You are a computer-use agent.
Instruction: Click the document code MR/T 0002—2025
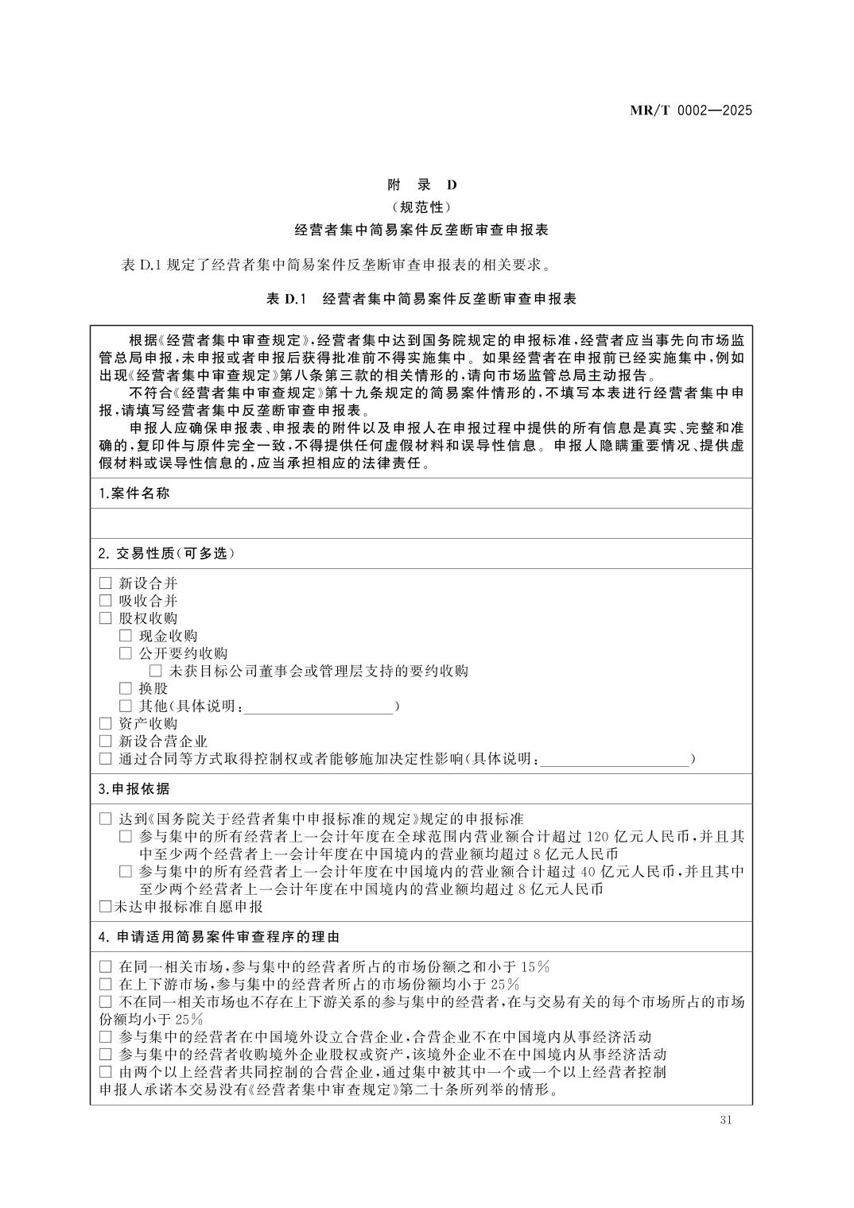pos(690,110)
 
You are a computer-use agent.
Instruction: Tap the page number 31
pos(724,1120)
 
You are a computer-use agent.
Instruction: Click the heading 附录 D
pos(422,185)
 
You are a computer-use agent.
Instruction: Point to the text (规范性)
pos(421,207)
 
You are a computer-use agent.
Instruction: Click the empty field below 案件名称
pos(421,523)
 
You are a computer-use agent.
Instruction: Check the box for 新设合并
pos(106,584)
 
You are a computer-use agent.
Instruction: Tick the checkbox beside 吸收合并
pos(106,602)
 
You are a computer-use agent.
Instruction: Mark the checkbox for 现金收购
pos(126,636)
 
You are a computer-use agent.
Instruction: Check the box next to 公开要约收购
pos(126,653)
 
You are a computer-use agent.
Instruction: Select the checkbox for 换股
pos(126,688)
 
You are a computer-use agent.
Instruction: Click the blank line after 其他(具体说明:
pos(318,707)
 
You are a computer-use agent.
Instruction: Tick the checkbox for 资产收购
pos(106,724)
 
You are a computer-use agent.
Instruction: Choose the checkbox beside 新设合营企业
pos(106,741)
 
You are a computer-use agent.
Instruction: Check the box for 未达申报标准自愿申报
pos(106,907)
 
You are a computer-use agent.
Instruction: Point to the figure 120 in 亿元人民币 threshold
pos(597,837)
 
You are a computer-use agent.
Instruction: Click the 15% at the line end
pos(534,967)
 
